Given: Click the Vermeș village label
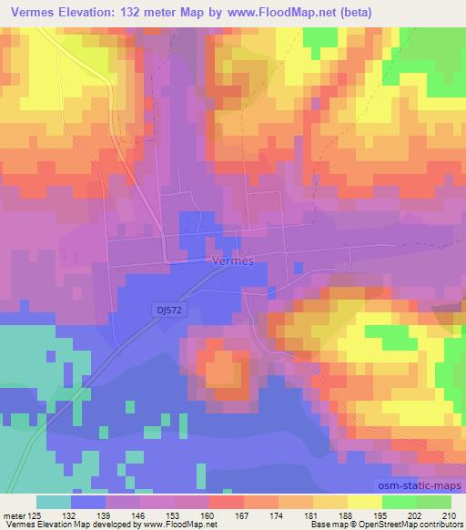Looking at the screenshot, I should tap(230, 260).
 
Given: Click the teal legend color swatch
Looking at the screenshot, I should tap(54, 502).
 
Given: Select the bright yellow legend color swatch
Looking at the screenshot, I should tap(364, 502).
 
